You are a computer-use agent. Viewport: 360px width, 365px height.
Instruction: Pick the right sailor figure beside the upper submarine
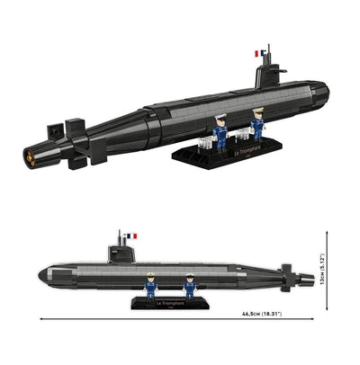click(257, 125)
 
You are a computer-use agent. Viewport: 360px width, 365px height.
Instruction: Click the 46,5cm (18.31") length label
click(261, 314)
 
